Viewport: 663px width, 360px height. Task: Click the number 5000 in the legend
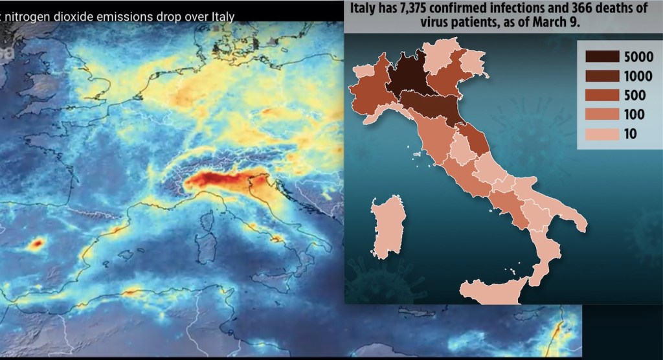coord(639,56)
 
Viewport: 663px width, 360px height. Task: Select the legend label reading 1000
coord(639,76)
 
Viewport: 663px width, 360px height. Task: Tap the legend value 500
coord(636,95)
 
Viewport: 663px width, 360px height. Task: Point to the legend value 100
coord(635,115)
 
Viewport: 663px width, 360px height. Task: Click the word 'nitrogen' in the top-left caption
coord(31,15)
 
